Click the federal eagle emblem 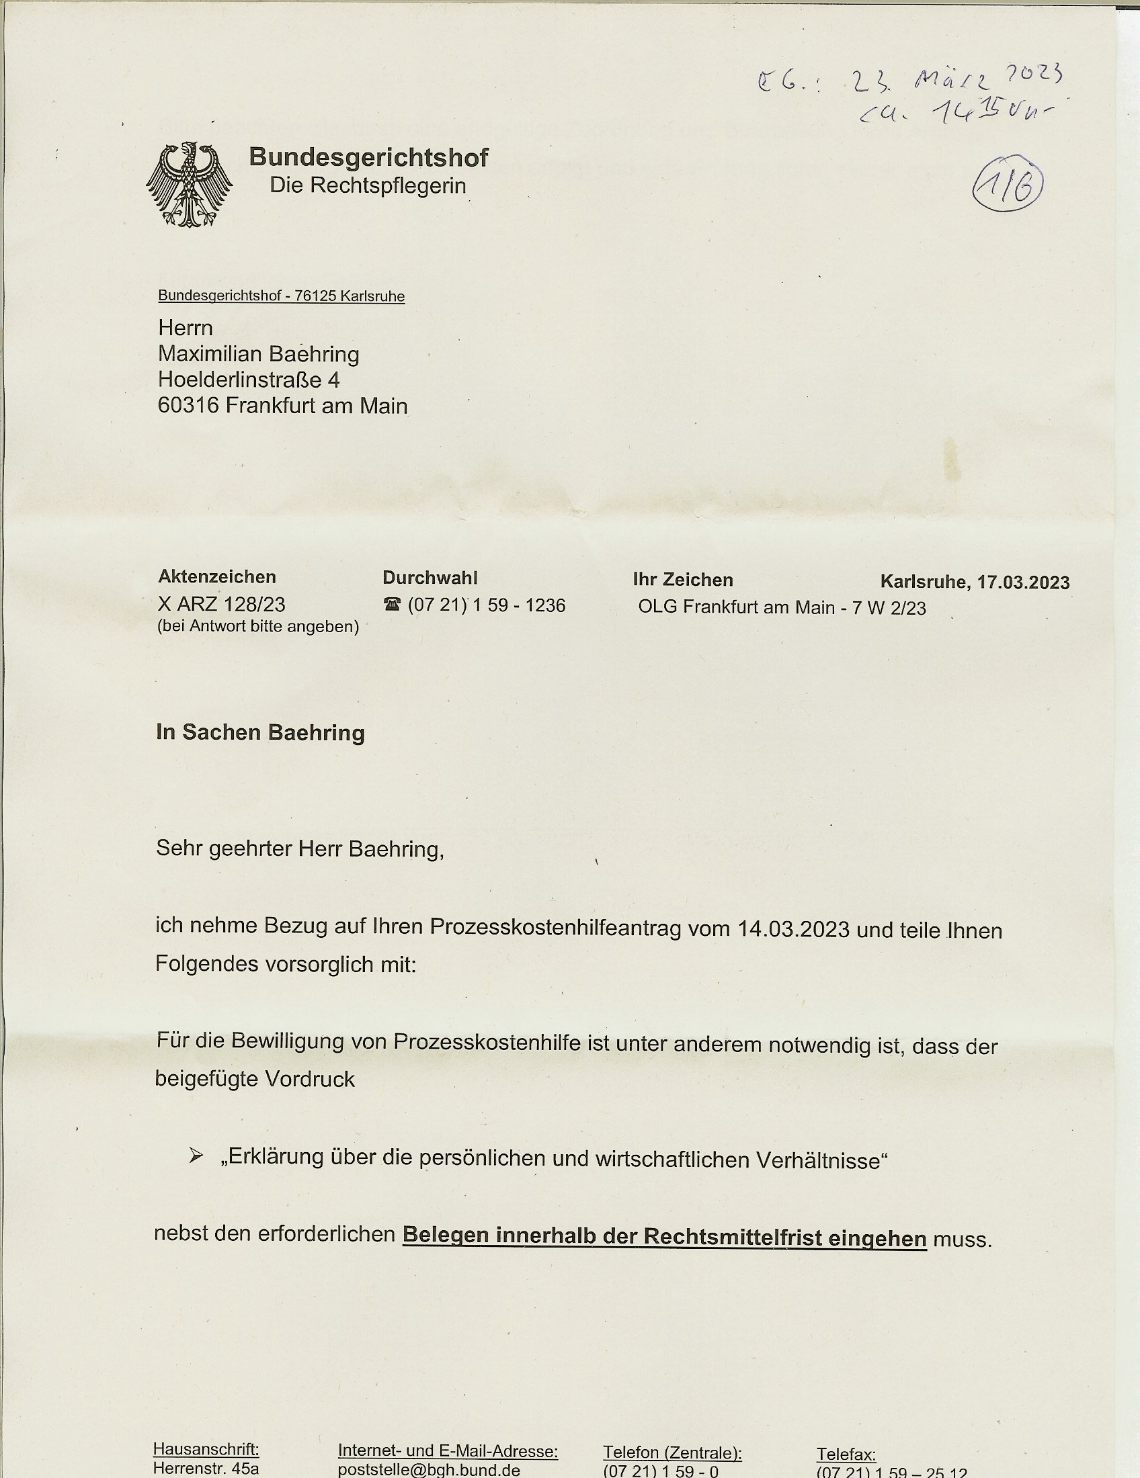click(x=190, y=185)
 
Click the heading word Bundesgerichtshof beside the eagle click(x=368, y=157)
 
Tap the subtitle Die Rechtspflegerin click(x=368, y=185)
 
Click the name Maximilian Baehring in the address click(x=259, y=353)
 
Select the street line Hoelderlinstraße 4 click(x=249, y=380)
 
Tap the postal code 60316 click(x=188, y=405)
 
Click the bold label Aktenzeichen click(x=216, y=576)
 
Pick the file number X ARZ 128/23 click(x=221, y=604)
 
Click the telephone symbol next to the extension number click(x=392, y=605)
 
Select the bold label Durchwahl click(x=430, y=577)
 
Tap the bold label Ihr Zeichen click(x=682, y=579)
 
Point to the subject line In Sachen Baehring click(x=260, y=732)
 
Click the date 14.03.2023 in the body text click(x=793, y=929)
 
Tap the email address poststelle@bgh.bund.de click(x=429, y=1471)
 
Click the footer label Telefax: click(x=846, y=1454)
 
